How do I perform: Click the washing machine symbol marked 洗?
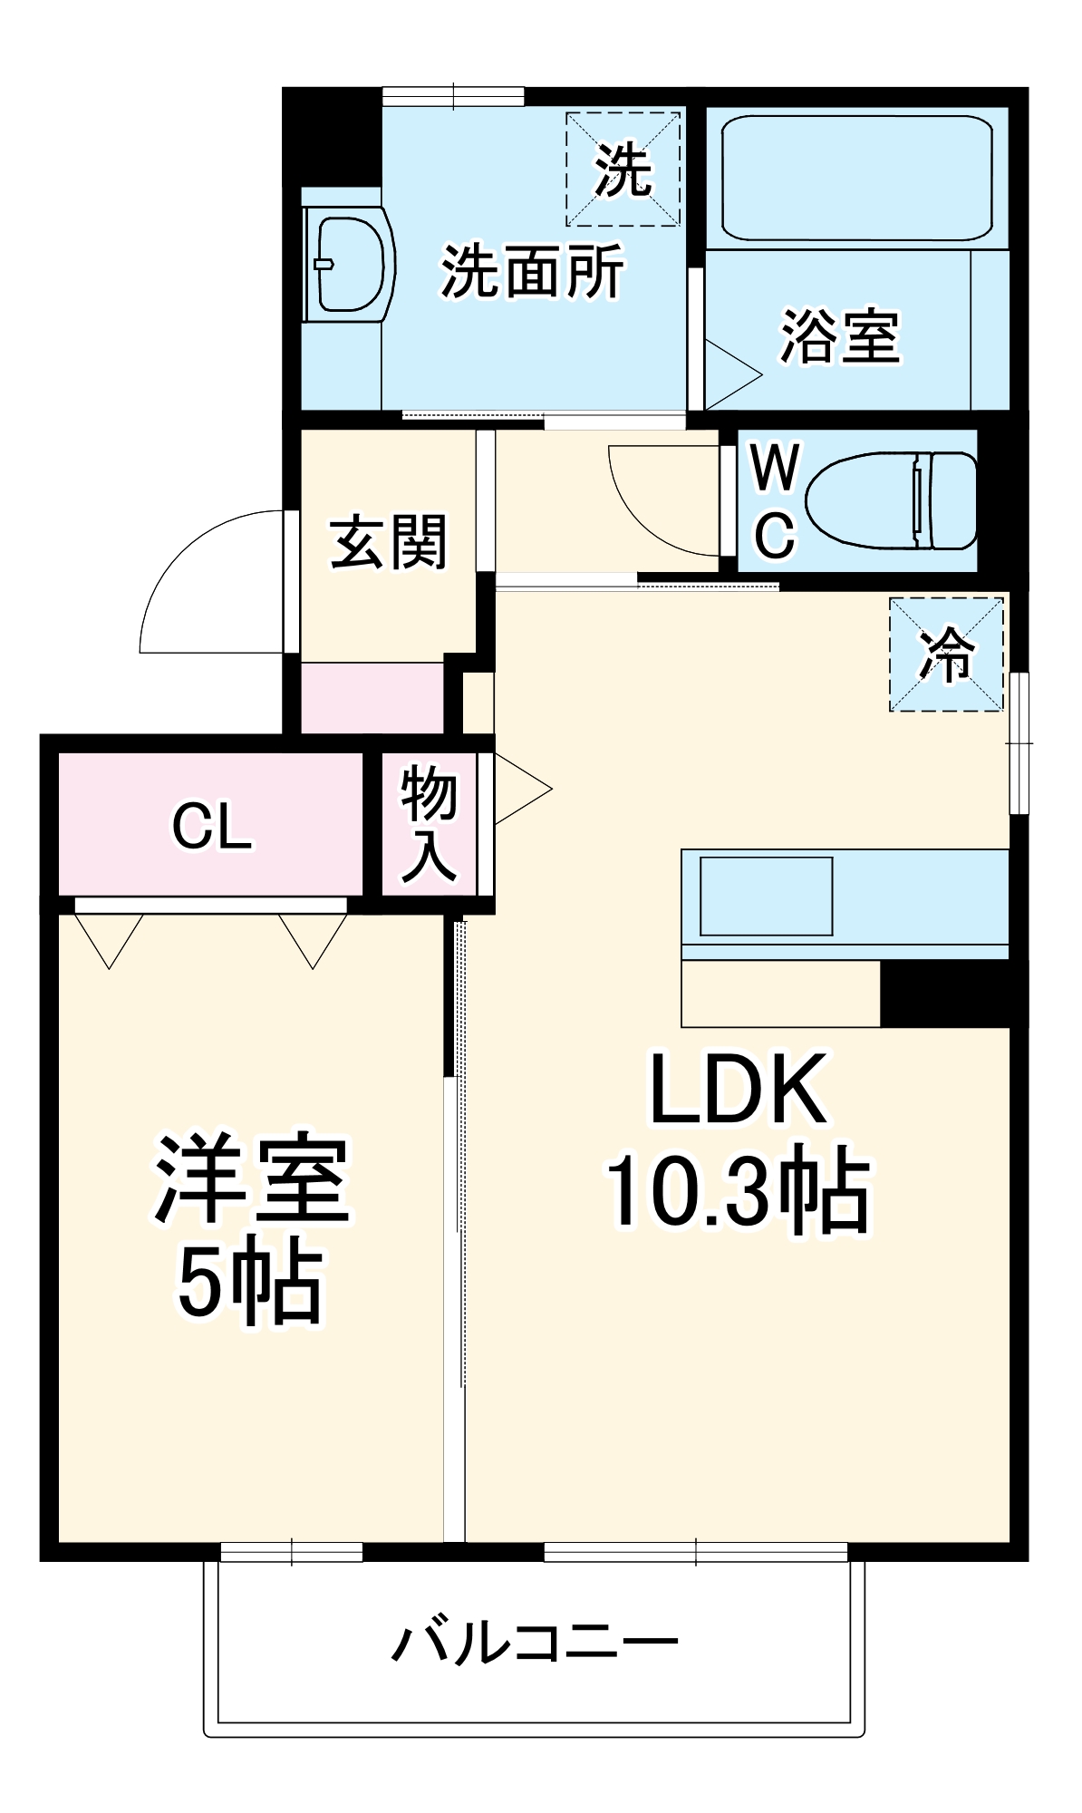click(623, 170)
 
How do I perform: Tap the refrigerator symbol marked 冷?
click(946, 654)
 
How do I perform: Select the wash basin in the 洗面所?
click(348, 265)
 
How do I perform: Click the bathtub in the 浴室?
click(856, 177)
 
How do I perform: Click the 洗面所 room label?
click(532, 271)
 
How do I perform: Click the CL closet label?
click(212, 826)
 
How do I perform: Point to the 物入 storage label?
click(429, 822)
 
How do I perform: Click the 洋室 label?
click(252, 1178)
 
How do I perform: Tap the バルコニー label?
click(535, 1641)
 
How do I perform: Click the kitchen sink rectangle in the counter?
click(766, 896)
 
